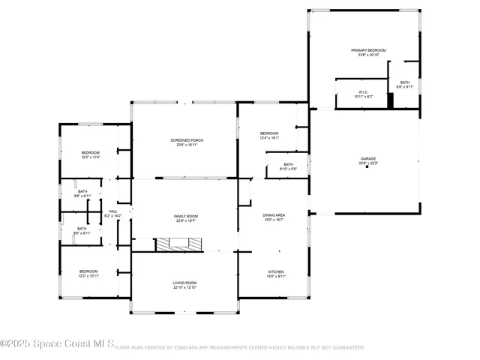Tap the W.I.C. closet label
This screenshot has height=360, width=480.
click(x=361, y=92)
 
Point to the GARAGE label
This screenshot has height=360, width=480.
click(x=367, y=158)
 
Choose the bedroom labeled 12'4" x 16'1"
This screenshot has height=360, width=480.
click(x=268, y=133)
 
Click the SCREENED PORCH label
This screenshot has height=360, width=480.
click(x=187, y=140)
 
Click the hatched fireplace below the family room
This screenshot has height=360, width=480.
click(x=178, y=244)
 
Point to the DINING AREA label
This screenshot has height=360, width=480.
click(x=273, y=215)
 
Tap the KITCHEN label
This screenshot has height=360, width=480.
click(x=276, y=271)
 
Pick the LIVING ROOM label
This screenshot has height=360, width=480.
click(x=184, y=282)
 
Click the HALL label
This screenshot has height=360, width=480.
click(x=112, y=211)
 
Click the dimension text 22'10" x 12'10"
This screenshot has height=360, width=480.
click(x=184, y=287)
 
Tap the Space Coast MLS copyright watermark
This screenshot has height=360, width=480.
click(x=57, y=345)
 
